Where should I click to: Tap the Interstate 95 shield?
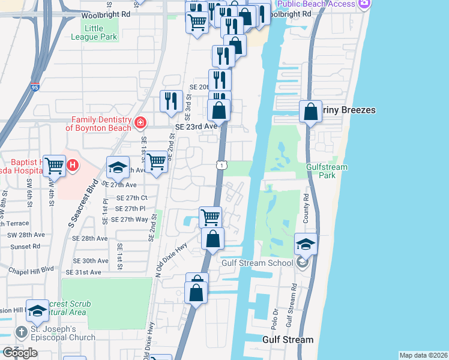click(35, 88)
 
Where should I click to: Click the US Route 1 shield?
click(221, 165)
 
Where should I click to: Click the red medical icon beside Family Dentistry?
click(140, 123)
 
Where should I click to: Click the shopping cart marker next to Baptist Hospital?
click(55, 164)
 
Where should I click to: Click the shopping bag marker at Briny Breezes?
click(310, 111)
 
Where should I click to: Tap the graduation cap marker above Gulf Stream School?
click(306, 244)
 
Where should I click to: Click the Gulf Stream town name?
click(288, 340)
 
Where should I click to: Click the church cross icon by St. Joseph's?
click(20, 332)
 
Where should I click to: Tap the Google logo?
click(20, 352)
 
